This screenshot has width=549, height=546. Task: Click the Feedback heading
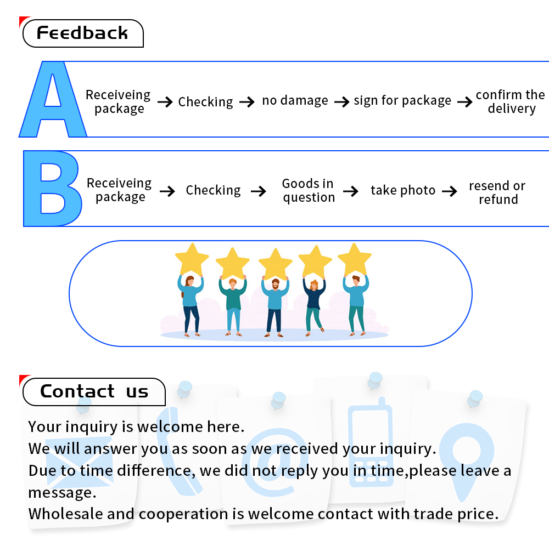[x=82, y=33]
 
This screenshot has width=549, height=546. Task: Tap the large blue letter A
[x=53, y=101]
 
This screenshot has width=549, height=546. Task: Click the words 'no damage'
[x=295, y=101]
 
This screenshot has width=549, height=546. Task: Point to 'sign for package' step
[x=402, y=101]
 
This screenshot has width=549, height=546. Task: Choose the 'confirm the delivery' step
[x=511, y=101]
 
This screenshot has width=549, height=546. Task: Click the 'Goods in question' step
[x=309, y=190]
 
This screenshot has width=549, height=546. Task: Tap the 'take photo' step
[x=403, y=190]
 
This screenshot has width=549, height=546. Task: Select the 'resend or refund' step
[x=497, y=192]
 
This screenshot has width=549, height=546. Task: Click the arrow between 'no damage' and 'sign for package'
[x=341, y=102]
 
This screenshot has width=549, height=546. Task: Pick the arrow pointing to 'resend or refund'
[x=450, y=191]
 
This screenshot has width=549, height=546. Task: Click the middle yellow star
[x=275, y=263]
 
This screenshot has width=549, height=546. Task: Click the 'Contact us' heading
[x=94, y=391]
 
